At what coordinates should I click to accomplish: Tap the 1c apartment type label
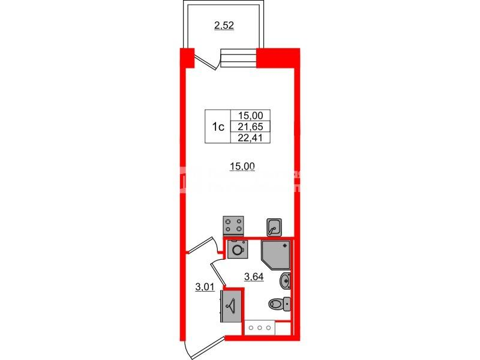pos(217,127)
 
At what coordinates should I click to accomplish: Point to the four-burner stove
pos(234,226)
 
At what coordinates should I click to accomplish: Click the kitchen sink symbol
pos(275,227)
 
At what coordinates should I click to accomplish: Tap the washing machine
pos(238,249)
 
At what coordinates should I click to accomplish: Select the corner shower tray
pos(277,255)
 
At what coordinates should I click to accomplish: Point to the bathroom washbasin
pos(286,281)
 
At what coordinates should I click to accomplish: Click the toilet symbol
pos(280,304)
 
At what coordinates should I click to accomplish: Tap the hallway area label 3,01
pos(206,286)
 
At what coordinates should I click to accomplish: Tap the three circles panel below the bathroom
pos(259,328)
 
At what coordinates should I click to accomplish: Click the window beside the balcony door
pos(238,58)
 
